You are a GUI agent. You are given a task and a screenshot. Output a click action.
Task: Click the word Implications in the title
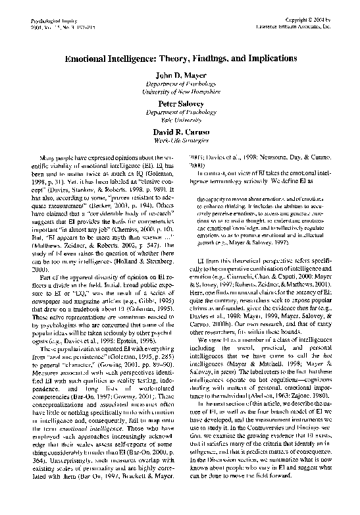pyautogui.click(x=267, y=59)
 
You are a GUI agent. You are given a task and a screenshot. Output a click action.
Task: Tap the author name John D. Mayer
pyautogui.click(x=180, y=76)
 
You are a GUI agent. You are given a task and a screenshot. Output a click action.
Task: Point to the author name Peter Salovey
pyautogui.click(x=180, y=103)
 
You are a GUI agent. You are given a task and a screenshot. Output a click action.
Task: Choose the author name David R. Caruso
pyautogui.click(x=180, y=132)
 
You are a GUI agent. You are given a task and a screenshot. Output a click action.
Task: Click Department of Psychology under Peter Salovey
pyautogui.click(x=180, y=113)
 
